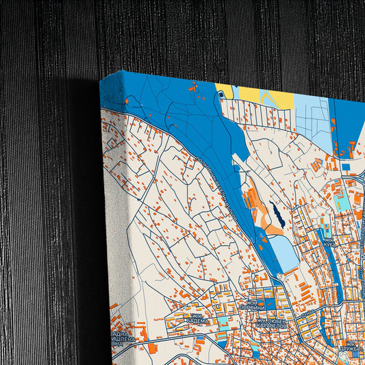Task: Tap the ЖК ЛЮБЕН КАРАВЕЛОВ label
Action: pyautogui.click(x=273, y=323)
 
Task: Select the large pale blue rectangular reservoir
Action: pyautogui.click(x=283, y=253)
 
